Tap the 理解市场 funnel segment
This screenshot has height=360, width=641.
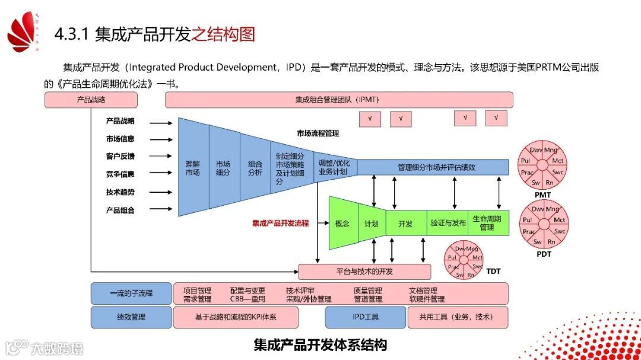pyautogui.click(x=193, y=168)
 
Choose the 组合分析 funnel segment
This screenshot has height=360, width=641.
pyautogui.click(x=255, y=168)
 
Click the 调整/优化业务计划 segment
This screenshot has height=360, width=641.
pyautogui.click(x=334, y=168)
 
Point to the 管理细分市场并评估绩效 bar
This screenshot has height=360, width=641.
pyautogui.click(x=436, y=167)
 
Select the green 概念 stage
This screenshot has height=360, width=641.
pyautogui.click(x=342, y=224)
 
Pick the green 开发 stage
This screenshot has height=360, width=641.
pyautogui.click(x=405, y=224)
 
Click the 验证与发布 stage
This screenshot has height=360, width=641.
pyautogui.click(x=448, y=224)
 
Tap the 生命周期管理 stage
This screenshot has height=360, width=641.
pyautogui.click(x=487, y=223)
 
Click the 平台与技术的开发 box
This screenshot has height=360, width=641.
pyautogui.click(x=364, y=272)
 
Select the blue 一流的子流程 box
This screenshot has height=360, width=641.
pyautogui.click(x=131, y=294)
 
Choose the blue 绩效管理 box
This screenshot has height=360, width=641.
pyautogui.click(x=131, y=317)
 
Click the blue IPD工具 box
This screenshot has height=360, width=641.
pyautogui.click(x=364, y=317)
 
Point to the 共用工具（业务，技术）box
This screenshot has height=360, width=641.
pyautogui.click(x=457, y=317)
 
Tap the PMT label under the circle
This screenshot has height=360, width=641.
pyautogui.click(x=542, y=195)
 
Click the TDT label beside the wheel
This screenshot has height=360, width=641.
pyautogui.click(x=493, y=271)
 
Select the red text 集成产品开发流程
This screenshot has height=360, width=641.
pyautogui.click(x=280, y=224)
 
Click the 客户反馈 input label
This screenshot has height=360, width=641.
pyautogui.click(x=120, y=157)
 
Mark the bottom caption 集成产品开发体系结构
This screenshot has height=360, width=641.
pyautogui.click(x=320, y=345)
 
